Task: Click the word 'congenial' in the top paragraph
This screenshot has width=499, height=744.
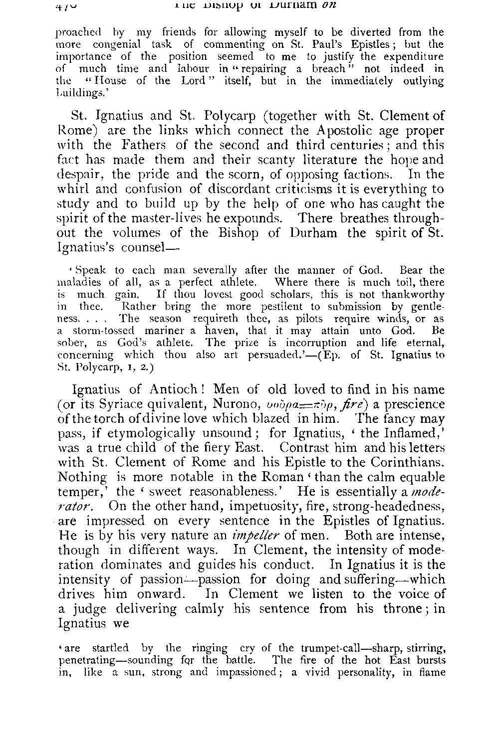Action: [107, 44]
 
